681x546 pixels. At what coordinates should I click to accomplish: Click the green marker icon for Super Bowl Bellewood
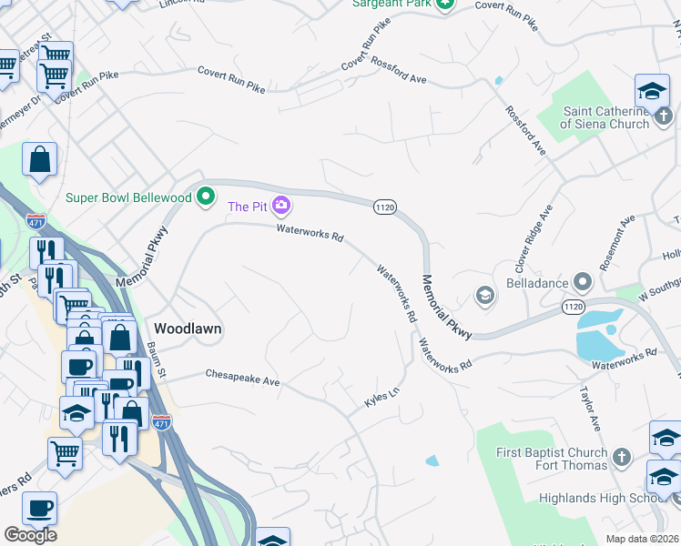(x=207, y=196)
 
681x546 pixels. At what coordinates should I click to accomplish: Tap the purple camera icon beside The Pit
(x=282, y=207)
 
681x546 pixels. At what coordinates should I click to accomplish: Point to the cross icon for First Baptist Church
(x=621, y=459)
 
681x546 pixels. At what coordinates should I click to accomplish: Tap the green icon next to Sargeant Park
(x=444, y=5)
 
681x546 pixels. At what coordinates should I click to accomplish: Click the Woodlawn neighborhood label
(x=188, y=328)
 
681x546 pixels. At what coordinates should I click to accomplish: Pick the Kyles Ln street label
(x=381, y=399)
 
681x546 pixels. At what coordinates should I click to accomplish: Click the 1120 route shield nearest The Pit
(x=384, y=207)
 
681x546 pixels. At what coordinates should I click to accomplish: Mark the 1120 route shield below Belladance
(x=573, y=307)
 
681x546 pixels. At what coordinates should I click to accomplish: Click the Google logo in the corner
(x=30, y=535)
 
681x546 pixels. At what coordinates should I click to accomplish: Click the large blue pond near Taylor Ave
(x=598, y=335)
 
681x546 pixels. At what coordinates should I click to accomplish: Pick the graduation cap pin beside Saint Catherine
(x=652, y=90)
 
